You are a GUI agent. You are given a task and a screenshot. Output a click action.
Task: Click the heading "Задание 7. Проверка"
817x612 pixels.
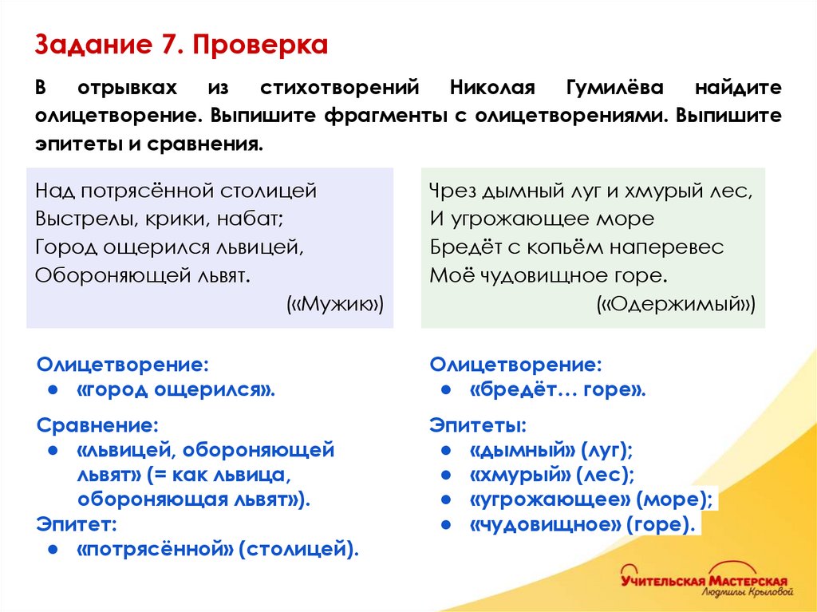click(181, 45)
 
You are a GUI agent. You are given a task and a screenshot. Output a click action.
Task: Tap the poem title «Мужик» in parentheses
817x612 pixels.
click(335, 304)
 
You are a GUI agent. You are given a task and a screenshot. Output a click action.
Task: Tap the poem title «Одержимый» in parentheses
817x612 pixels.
click(675, 304)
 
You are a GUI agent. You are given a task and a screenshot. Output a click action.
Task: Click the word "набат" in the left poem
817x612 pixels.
click(253, 219)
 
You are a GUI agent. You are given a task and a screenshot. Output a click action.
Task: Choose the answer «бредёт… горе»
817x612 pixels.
click(557, 390)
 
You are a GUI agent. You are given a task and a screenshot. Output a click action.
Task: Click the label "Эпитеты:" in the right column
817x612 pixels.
click(477, 424)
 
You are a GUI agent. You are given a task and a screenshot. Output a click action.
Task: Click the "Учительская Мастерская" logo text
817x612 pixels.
click(704, 580)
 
